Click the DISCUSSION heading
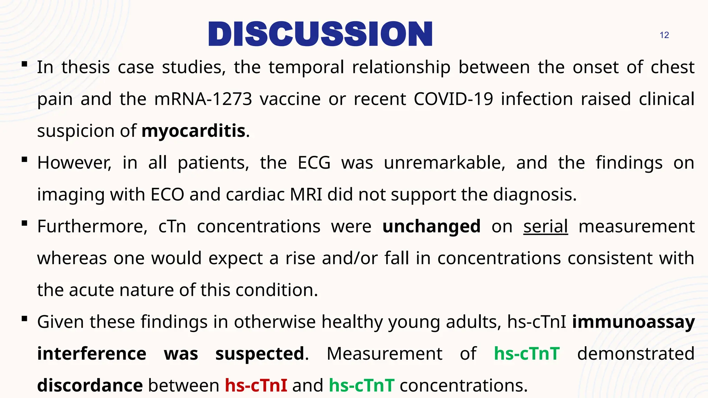pyautogui.click(x=320, y=34)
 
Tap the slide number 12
pyautogui.click(x=664, y=35)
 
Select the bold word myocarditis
pyautogui.click(x=193, y=131)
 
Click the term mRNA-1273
pyautogui.click(x=203, y=99)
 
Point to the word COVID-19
pyautogui.click(x=453, y=99)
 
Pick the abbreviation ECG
pyautogui.click(x=314, y=163)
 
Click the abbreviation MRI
pyautogui.click(x=306, y=195)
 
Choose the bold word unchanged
pyautogui.click(x=431, y=227)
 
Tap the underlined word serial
pyautogui.click(x=546, y=227)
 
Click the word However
pyautogui.click(x=74, y=163)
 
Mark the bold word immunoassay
pyautogui.click(x=633, y=322)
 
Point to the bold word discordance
pyautogui.click(x=90, y=386)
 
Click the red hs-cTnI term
pyautogui.click(x=256, y=386)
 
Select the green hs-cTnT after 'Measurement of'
pyautogui.click(x=527, y=354)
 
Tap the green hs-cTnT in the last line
pyautogui.click(x=361, y=386)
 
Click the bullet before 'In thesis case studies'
pyautogui.click(x=24, y=64)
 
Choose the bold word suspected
pyautogui.click(x=260, y=354)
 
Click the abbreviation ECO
pyautogui.click(x=167, y=195)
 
